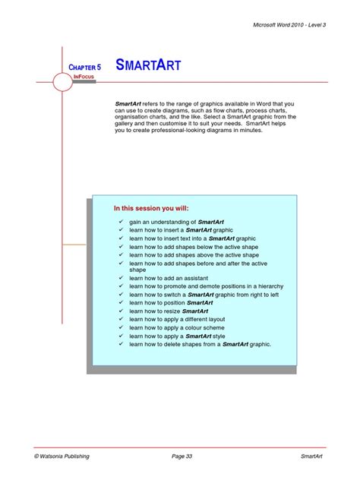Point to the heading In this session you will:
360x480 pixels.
pyautogui.click(x=151, y=208)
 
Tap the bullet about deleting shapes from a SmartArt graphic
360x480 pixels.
pyautogui.click(x=200, y=344)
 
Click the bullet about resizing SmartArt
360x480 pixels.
pyautogui.click(x=168, y=311)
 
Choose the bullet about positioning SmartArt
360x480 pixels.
pyautogui.click(x=170, y=303)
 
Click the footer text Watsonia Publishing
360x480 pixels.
pyautogui.click(x=62, y=456)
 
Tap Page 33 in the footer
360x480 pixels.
pyautogui.click(x=182, y=456)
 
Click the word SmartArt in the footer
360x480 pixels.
pyautogui.click(x=313, y=456)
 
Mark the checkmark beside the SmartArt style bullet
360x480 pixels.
pyautogui.click(x=120, y=336)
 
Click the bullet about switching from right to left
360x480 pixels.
pyautogui.click(x=204, y=295)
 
